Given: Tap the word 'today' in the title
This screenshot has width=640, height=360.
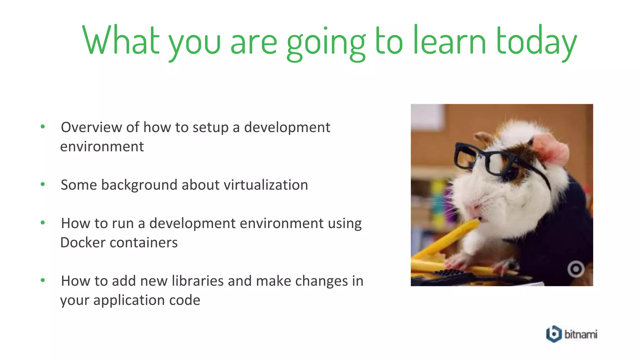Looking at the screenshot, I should (x=536, y=42).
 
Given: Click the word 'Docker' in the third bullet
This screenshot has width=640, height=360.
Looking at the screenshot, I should (x=82, y=242).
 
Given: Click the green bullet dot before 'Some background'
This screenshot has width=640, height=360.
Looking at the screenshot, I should (x=43, y=184).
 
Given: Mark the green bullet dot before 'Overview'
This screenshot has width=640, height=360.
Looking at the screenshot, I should (x=43, y=127).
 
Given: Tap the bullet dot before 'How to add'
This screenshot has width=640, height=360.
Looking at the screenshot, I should (x=43, y=280).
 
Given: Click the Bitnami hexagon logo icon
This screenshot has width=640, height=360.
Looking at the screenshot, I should (x=554, y=334).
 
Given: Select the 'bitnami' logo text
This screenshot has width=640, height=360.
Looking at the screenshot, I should (x=581, y=334).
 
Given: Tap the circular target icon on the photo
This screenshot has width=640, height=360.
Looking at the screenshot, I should (x=576, y=269).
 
